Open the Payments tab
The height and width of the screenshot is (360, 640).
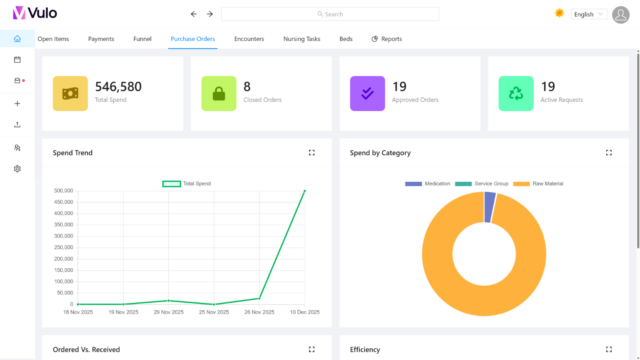[x=101, y=39]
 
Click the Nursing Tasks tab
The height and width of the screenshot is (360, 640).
[x=302, y=39]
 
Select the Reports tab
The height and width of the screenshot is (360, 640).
[x=387, y=39]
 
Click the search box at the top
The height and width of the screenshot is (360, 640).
[x=330, y=14]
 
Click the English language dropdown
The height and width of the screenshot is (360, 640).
[x=589, y=14]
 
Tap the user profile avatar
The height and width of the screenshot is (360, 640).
[x=621, y=15]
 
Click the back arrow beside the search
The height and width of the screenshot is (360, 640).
[x=194, y=14]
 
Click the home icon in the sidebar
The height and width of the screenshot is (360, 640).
[x=18, y=39]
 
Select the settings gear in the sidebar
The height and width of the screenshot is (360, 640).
[x=18, y=169]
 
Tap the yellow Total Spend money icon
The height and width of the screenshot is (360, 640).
[x=70, y=93]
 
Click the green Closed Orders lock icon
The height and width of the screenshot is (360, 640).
[x=219, y=93]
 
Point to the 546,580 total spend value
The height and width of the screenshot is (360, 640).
[x=118, y=86]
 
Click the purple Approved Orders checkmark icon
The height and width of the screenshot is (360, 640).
[x=367, y=93]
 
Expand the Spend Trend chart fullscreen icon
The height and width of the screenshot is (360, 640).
[x=312, y=153]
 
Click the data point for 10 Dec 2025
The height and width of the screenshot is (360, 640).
[x=304, y=191]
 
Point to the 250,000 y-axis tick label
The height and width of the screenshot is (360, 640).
[x=63, y=247]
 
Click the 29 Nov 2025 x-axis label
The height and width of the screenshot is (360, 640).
[x=169, y=312]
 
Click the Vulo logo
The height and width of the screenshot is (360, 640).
[x=35, y=13]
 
